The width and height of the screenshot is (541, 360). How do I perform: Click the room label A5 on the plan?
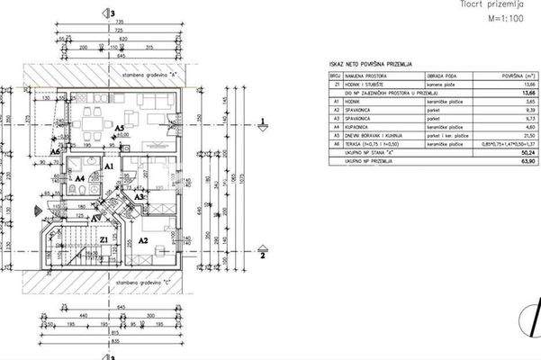(x=118, y=129)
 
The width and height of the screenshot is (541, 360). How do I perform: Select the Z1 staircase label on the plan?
(x=104, y=240)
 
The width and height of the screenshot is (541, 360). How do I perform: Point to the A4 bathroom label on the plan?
(x=79, y=179)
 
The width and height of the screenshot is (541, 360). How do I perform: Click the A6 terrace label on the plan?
(x=56, y=152)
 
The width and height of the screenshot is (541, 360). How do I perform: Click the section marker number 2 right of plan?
(x=261, y=256)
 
